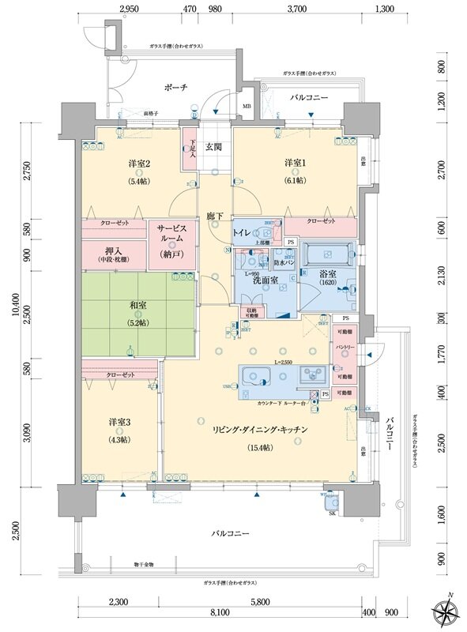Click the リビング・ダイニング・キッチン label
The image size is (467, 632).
click(x=259, y=428)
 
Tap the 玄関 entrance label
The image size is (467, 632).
click(x=215, y=147)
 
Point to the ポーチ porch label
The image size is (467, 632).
click(x=176, y=87)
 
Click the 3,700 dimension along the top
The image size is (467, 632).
click(x=298, y=9)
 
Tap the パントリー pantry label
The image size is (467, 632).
click(x=344, y=348)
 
